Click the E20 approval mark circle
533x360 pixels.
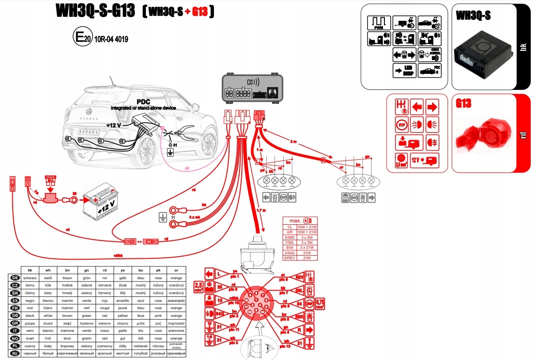(82, 37)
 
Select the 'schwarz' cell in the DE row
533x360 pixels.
(30, 277)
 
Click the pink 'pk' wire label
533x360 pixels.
(187, 168)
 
